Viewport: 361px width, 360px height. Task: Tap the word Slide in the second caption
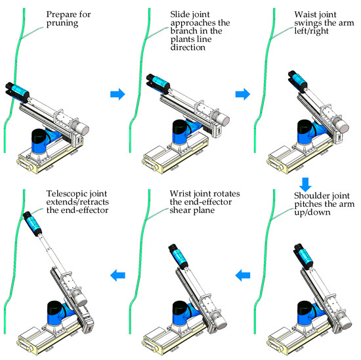point(179,14)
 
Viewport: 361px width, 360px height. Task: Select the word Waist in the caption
point(304,14)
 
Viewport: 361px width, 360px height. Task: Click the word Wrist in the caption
point(180,193)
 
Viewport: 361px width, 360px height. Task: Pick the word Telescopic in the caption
point(66,194)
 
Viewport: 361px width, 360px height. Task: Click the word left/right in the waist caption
point(311,32)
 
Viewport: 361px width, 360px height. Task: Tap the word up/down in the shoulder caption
point(312,212)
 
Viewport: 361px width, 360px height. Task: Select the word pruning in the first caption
point(62,24)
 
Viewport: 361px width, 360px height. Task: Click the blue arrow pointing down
point(305,185)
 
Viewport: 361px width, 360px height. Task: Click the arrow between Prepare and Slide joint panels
point(117,94)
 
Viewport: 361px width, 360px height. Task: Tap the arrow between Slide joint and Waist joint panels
point(243,94)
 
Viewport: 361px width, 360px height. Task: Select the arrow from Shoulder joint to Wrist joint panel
point(243,275)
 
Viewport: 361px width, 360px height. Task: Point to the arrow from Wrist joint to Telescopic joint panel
point(117,275)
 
